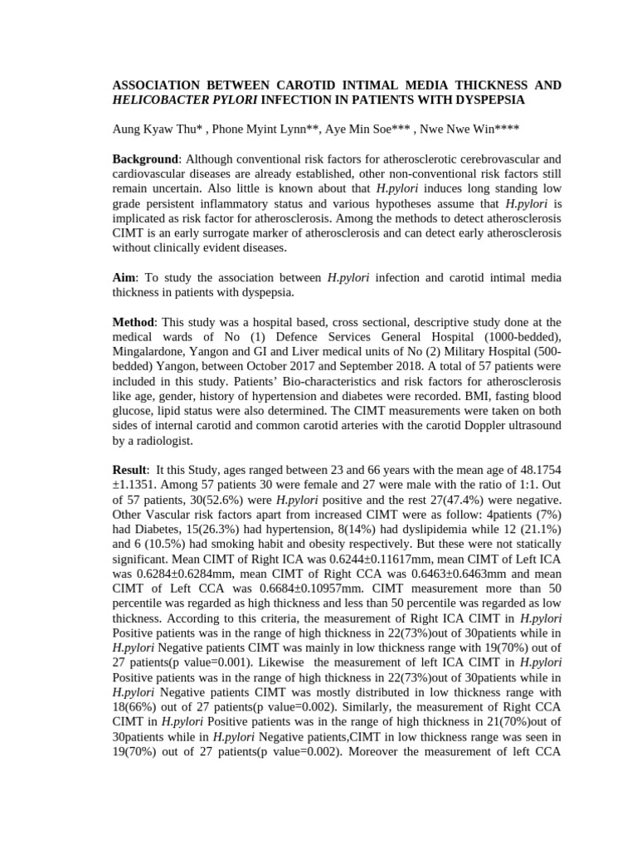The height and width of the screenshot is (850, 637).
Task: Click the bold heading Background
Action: [145, 159]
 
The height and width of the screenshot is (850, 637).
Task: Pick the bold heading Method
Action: [134, 322]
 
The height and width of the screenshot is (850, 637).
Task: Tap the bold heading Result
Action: [130, 471]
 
